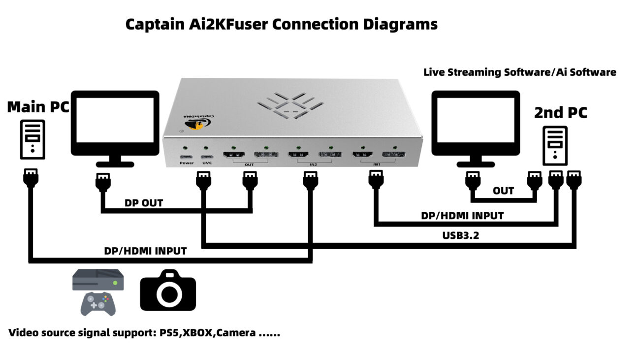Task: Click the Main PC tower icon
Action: point(32,139)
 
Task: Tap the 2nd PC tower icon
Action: point(555,146)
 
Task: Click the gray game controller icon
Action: point(98,303)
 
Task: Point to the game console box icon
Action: point(98,280)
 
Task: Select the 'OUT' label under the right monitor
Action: point(503,191)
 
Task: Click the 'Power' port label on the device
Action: point(187,163)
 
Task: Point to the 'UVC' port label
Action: point(206,163)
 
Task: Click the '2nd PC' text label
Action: point(560,113)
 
